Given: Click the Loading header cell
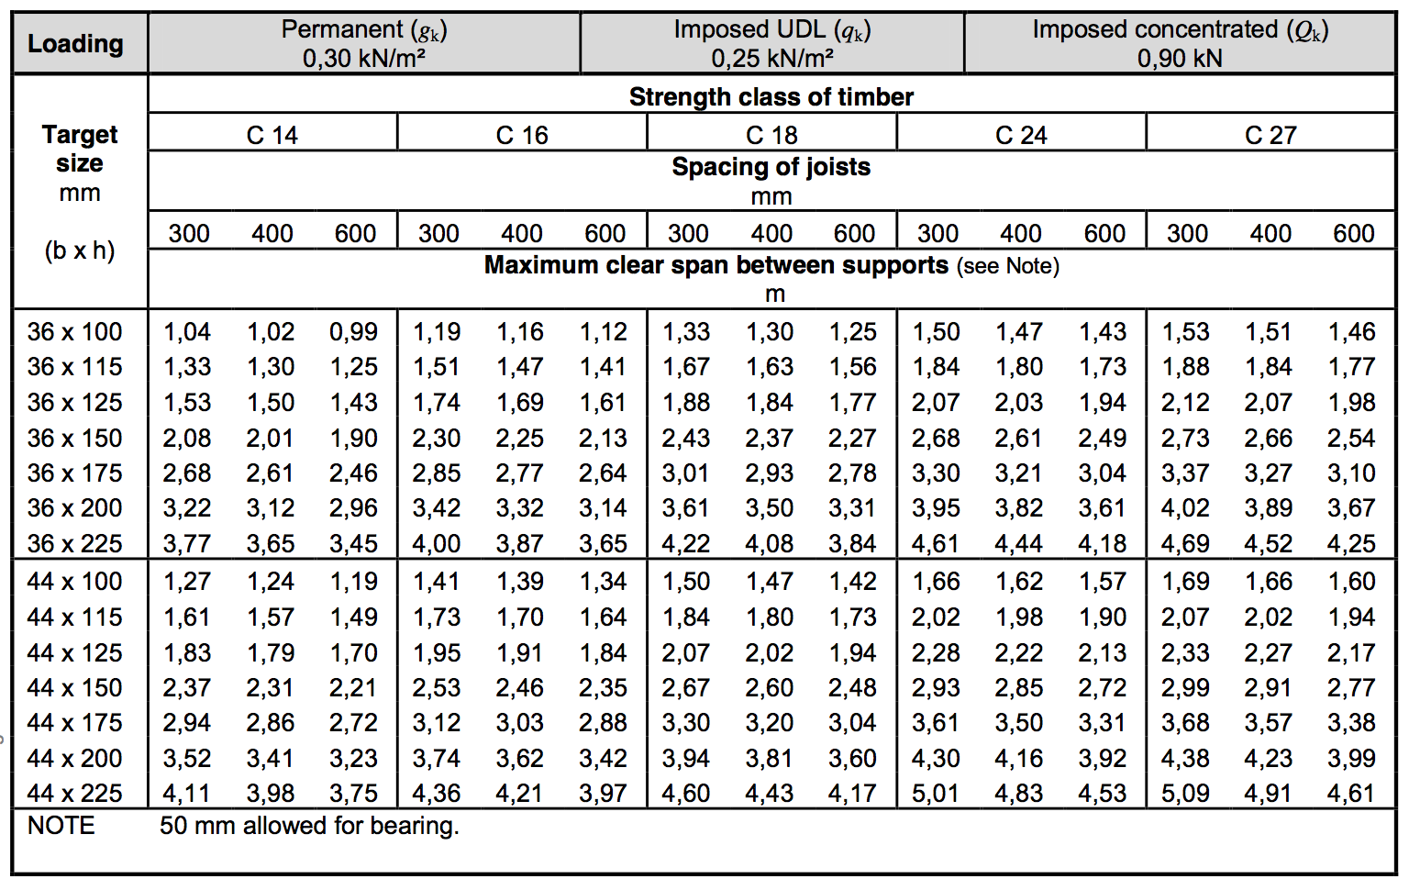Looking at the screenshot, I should point(75,43).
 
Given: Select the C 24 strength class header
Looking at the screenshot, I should point(1021,135).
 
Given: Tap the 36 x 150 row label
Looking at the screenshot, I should point(74,438).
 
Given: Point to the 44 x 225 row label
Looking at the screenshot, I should point(74,793).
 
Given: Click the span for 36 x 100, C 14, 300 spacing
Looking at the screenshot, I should point(187,331).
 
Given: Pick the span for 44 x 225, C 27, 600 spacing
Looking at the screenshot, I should point(1351,793).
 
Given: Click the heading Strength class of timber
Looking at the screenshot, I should point(771,96).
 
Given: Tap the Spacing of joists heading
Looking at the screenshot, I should point(771,167).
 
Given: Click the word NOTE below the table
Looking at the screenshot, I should point(61,826).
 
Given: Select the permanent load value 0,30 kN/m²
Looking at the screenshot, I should point(363,59).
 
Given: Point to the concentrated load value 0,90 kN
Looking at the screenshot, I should point(1180,59).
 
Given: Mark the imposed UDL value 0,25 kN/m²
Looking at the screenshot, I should point(771,59).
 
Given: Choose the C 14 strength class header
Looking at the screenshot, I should point(272,135).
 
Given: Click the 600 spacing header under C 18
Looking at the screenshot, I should point(854,233).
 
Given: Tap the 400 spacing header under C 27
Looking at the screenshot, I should point(1270,233).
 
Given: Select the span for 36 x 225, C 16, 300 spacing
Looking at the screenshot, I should point(437,543).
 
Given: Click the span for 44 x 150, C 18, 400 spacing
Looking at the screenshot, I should point(770,687).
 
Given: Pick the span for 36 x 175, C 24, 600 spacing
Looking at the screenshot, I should point(1103,473).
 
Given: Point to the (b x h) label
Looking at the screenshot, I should point(80,250).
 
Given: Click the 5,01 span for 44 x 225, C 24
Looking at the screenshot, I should point(936,793).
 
